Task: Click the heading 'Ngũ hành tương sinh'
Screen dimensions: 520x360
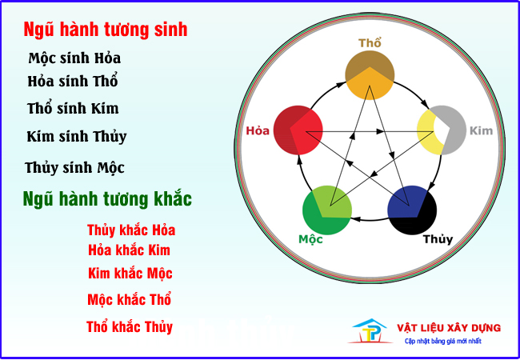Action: point(106,30)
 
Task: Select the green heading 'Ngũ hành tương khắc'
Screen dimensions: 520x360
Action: point(107,199)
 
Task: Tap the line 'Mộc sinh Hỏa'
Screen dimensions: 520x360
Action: point(74,58)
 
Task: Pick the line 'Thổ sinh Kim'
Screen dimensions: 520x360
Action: point(73,109)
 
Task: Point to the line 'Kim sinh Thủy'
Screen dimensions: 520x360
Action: point(77,137)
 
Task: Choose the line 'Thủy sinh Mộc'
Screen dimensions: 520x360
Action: point(74,168)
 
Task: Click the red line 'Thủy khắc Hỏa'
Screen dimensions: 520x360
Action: point(131,230)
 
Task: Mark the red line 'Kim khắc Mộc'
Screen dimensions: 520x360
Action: point(130,274)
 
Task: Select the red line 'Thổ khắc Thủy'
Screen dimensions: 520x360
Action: point(130,327)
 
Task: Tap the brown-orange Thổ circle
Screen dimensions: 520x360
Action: point(370,75)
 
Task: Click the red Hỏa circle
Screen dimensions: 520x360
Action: point(298,130)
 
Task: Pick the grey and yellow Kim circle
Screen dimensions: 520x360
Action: point(442,130)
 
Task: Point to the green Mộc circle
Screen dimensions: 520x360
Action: point(327,210)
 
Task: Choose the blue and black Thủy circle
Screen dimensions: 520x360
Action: point(412,210)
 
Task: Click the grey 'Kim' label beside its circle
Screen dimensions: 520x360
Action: point(481,130)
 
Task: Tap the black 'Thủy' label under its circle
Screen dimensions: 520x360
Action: point(438,239)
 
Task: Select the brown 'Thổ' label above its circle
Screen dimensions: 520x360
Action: point(370,43)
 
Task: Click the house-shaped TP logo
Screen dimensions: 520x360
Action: point(370,331)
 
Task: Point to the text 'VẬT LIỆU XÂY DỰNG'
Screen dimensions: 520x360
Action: point(449,328)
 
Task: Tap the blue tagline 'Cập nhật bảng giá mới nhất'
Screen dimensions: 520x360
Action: point(443,341)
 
